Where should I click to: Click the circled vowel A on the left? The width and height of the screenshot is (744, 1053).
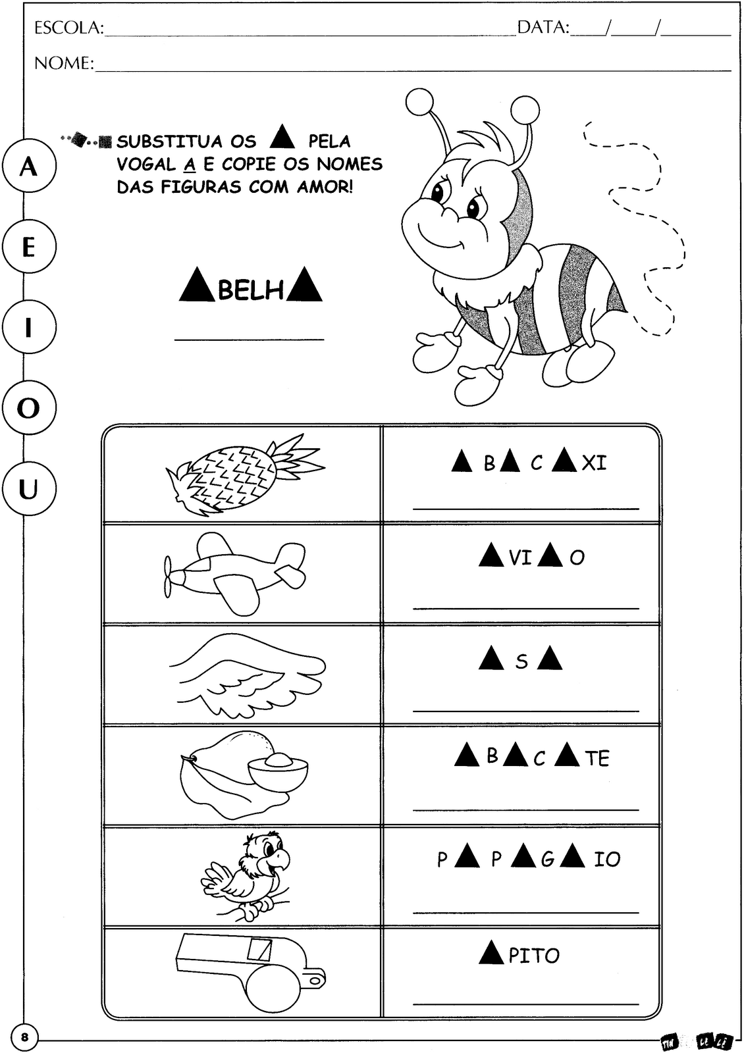(x=28, y=167)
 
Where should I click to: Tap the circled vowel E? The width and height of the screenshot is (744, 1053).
(x=28, y=247)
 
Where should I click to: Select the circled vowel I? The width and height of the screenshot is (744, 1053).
(x=28, y=327)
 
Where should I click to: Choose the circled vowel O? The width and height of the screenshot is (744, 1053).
(x=28, y=408)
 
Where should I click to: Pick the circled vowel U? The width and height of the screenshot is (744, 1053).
(x=28, y=489)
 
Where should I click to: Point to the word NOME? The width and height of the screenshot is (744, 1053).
(x=63, y=63)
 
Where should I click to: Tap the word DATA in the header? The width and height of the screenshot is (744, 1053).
(x=543, y=28)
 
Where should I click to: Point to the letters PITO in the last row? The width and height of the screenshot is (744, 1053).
(x=534, y=956)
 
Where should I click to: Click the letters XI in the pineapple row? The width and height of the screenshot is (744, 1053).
(x=594, y=463)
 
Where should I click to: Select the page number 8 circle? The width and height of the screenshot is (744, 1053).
(x=25, y=1038)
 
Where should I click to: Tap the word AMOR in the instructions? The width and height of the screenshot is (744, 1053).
(x=324, y=187)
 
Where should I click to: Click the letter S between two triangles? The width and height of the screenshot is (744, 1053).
(x=521, y=661)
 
